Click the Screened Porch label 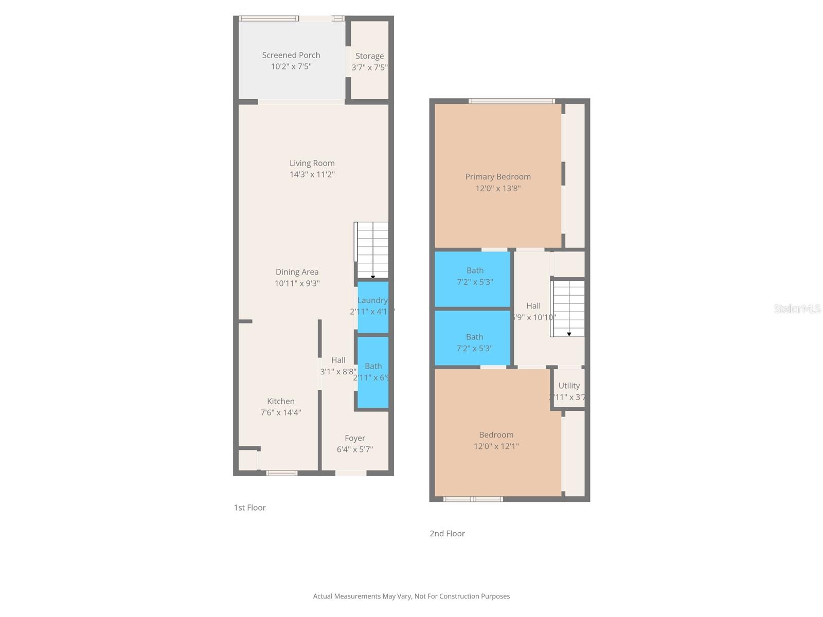pos(291,55)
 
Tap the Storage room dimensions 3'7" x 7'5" pos(369,67)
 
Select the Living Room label pos(312,163)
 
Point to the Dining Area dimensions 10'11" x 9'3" pos(297,283)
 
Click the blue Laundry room pos(373,307)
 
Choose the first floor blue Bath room pos(373,372)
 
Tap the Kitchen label pos(281,401)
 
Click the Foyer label pos(355,438)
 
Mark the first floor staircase pos(372,249)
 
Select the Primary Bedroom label pos(498,176)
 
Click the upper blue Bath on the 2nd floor pos(473,278)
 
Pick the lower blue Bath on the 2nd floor pos(473,338)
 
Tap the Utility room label pos(569,385)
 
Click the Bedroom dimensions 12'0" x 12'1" pos(496,446)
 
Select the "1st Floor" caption pos(249,507)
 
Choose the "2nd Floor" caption pos(447,533)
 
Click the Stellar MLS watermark pos(797,308)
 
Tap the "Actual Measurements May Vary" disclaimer pos(411,596)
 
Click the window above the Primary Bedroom pos(511,101)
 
